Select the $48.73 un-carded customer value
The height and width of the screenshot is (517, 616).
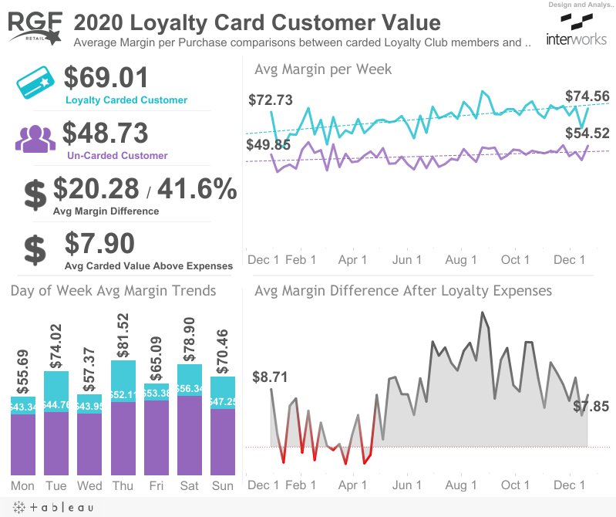click(105, 133)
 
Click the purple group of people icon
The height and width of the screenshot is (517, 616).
click(35, 139)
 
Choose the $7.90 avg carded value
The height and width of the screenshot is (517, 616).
click(99, 244)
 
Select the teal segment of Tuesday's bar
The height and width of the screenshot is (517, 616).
click(56, 391)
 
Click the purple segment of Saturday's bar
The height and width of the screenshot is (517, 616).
click(190, 436)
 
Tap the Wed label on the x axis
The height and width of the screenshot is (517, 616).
click(89, 485)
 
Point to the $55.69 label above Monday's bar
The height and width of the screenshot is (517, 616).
click(23, 370)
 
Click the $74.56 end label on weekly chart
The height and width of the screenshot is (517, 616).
click(587, 96)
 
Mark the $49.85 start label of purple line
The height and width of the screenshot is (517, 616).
click(269, 145)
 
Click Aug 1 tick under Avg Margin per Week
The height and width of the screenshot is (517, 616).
click(461, 260)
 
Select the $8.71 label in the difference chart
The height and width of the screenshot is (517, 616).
click(269, 377)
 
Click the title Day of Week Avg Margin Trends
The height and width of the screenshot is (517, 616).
click(113, 291)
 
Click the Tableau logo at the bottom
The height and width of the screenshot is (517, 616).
click(52, 507)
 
